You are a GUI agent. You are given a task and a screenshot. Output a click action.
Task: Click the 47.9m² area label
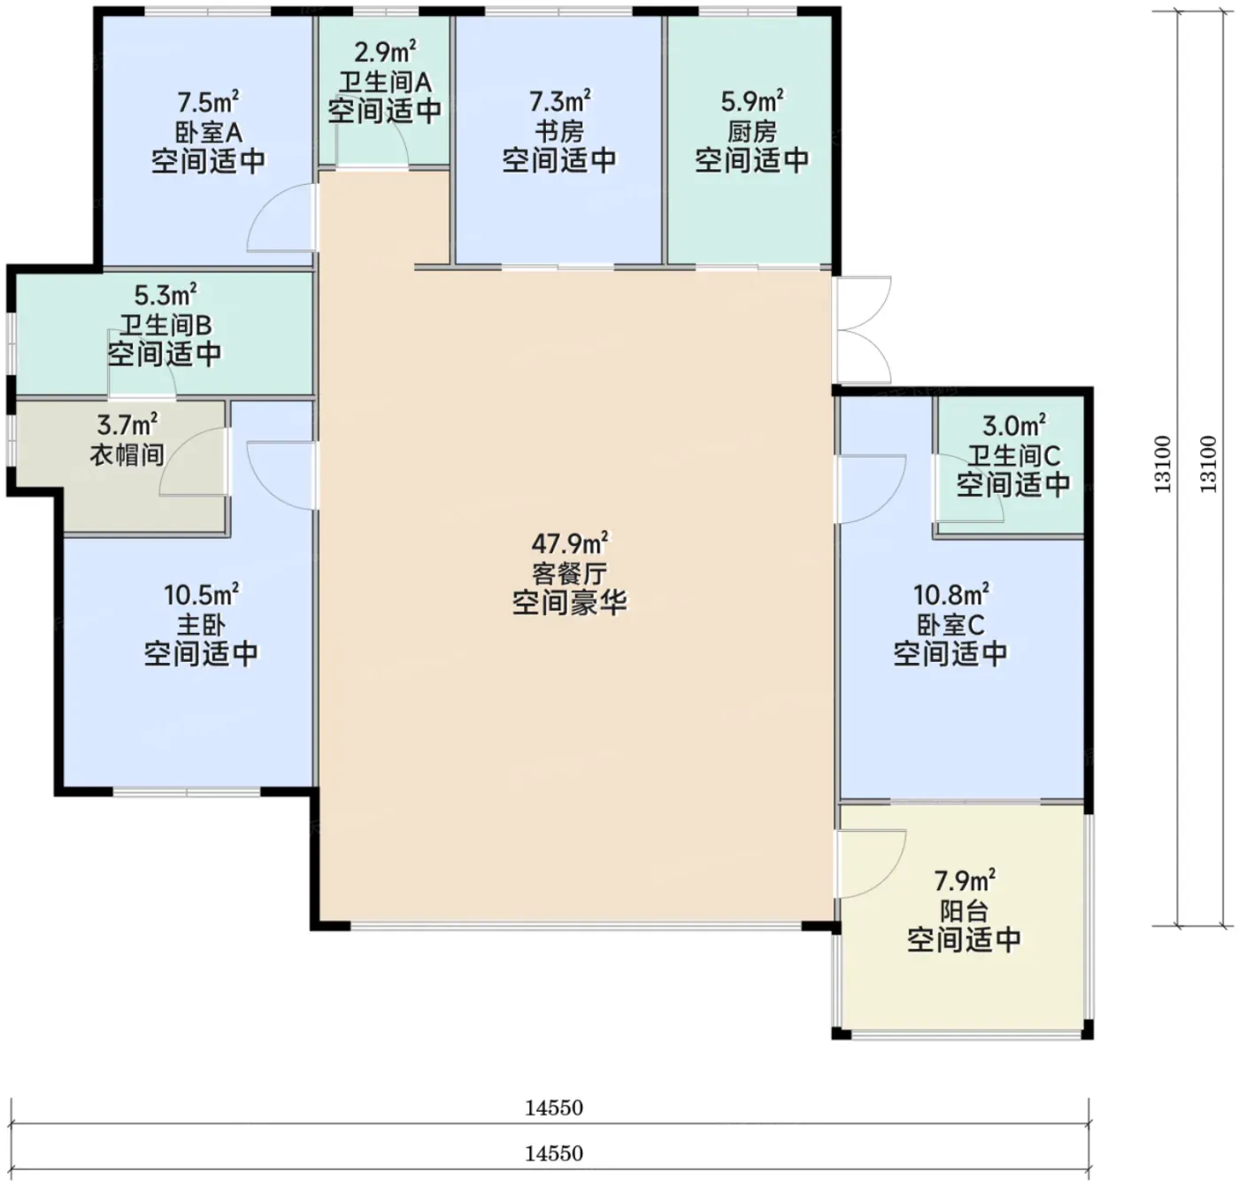[569, 543]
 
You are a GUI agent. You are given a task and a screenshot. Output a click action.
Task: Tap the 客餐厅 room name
[569, 573]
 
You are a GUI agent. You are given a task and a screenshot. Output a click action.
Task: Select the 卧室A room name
[208, 133]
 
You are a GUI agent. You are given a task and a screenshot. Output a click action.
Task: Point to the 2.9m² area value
[385, 52]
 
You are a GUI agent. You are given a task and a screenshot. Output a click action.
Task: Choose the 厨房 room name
[751, 132]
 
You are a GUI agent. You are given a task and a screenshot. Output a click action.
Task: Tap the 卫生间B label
[165, 326]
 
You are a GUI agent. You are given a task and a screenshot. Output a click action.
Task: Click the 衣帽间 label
[127, 455]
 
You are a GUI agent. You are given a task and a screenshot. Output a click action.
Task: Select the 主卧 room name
[201, 625]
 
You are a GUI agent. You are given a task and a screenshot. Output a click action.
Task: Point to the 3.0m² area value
[1013, 426]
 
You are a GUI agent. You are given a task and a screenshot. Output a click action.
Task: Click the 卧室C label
[950, 625]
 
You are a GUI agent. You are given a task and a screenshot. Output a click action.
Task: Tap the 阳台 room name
[963, 912]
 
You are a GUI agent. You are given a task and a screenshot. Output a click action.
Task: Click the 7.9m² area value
[965, 881]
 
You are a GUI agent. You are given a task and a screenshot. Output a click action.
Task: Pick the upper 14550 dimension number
[554, 1107]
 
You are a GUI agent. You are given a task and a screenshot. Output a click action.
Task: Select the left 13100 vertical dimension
[1163, 464]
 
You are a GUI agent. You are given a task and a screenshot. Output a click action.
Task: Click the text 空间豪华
[569, 603]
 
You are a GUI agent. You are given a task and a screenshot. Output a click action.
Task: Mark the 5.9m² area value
[752, 101]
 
